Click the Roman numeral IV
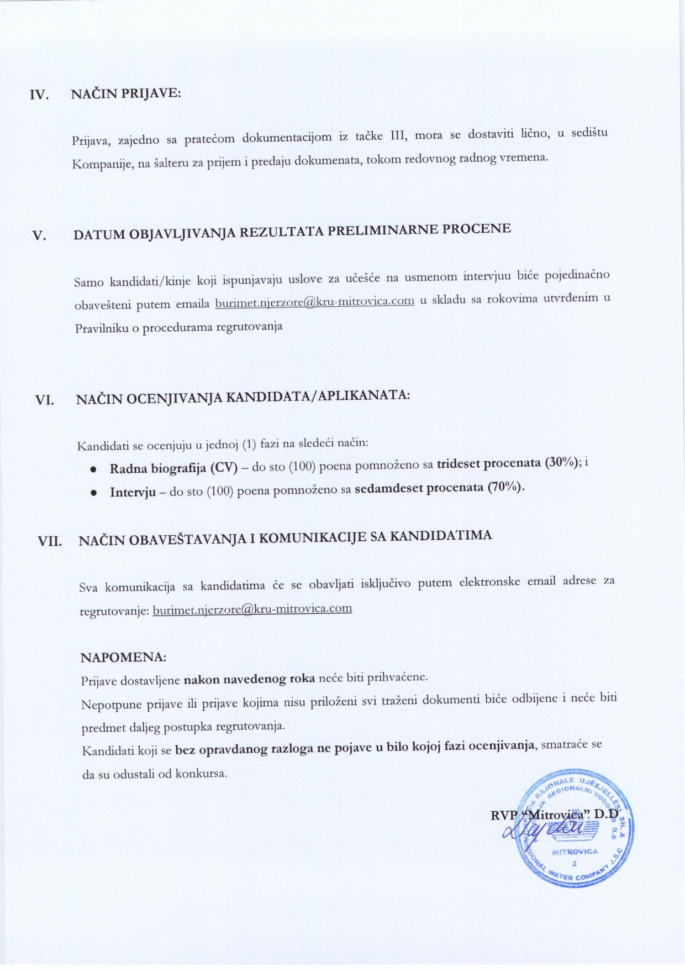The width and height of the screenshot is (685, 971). coord(39,95)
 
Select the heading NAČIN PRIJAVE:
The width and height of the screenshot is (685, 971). coord(126,93)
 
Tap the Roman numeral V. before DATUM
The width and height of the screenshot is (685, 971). coord(40,236)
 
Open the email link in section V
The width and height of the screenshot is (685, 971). coord(314,301)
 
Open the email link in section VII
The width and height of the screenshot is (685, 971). coord(252,609)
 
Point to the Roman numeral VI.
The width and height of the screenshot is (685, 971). coord(44,399)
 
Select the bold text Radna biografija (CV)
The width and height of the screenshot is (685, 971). coord(173,468)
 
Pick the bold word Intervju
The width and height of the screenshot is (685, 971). coord(133,492)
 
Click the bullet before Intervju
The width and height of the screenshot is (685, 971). coord(94,492)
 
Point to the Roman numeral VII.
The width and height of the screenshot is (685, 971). coord(49,541)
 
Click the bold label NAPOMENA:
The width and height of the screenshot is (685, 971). coord(123,657)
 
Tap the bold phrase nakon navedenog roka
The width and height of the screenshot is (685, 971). coord(249,678)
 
